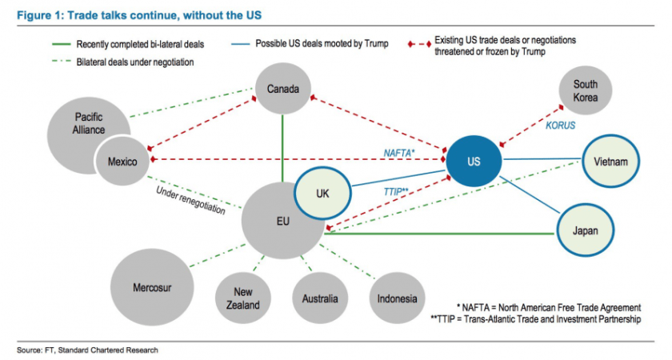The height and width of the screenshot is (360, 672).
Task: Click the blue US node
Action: (x=474, y=161)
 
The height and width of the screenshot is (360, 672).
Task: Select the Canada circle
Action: (x=282, y=90)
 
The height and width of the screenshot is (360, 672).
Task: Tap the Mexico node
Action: (x=122, y=162)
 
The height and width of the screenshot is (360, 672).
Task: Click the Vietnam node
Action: (x=610, y=161)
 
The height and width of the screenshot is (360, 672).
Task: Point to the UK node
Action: (x=322, y=194)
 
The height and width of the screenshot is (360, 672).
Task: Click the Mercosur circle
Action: (x=153, y=286)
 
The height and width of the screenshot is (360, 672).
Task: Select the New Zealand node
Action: (x=242, y=298)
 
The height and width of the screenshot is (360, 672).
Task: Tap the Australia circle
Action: (x=320, y=298)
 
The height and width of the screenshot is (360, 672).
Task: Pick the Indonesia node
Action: (x=397, y=298)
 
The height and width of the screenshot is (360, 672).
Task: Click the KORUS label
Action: (x=560, y=126)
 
